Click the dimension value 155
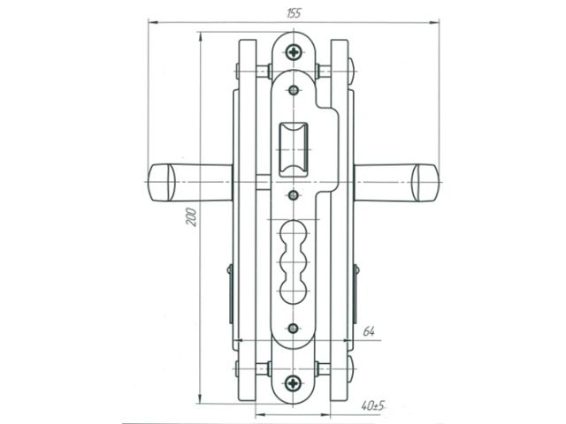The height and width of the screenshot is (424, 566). click(294, 12)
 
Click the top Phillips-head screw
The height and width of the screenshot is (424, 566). click(294, 53)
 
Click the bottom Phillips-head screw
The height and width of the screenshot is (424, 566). click(294, 383)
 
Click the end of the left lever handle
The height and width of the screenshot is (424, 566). click(158, 183)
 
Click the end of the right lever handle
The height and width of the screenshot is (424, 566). click(427, 183)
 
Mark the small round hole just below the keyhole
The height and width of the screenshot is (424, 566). click(294, 329)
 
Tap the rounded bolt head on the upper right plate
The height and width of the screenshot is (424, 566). click(352, 66)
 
